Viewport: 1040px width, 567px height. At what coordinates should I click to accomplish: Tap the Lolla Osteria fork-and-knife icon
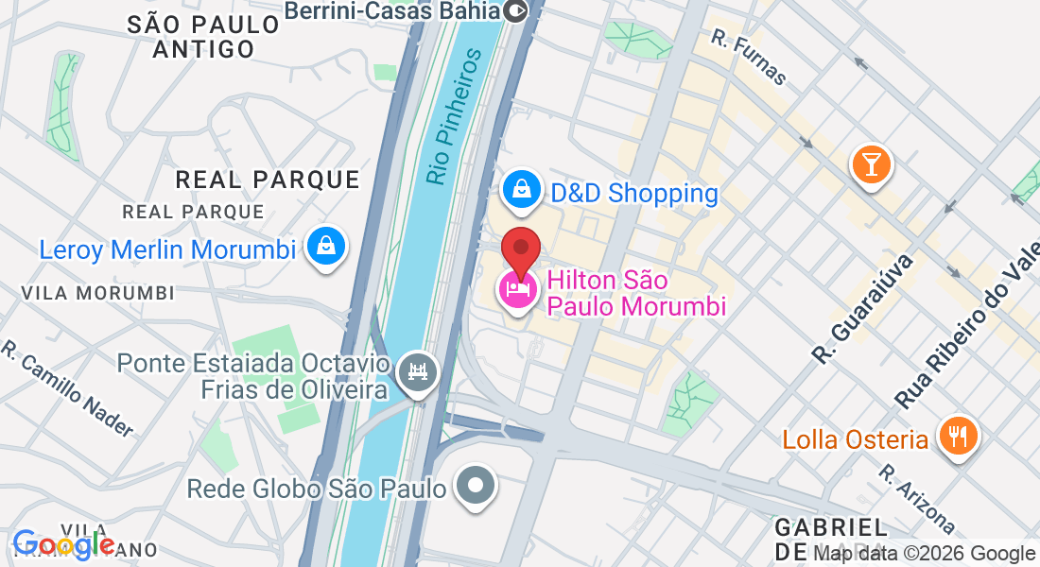pyautogui.click(x=959, y=437)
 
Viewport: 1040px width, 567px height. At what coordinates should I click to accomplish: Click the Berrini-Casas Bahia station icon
pyautogui.click(x=517, y=11)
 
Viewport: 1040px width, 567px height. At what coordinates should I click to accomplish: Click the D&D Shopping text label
pyautogui.click(x=634, y=194)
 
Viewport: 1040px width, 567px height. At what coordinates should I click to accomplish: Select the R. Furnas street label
pyautogui.click(x=749, y=57)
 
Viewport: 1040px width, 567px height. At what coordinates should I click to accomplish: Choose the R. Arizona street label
pyautogui.click(x=917, y=498)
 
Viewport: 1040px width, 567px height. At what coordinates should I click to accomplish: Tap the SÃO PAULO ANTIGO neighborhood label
pyautogui.click(x=203, y=37)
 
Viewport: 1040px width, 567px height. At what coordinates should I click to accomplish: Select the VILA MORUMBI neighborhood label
pyautogui.click(x=98, y=293)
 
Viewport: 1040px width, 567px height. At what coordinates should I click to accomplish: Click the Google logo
pyautogui.click(x=63, y=544)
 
